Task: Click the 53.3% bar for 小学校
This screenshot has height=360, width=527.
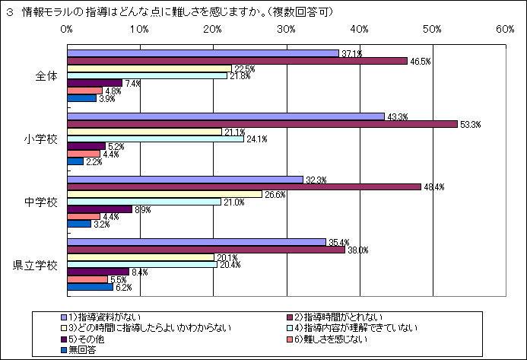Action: pos(262,124)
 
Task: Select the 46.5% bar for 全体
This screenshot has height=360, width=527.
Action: pos(237,61)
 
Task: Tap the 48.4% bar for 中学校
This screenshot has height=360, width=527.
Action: pos(244,187)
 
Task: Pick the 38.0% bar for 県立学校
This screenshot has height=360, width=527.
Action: pos(206,250)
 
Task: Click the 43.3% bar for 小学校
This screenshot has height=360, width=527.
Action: pos(226,116)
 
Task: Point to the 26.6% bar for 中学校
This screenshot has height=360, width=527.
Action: pos(164,194)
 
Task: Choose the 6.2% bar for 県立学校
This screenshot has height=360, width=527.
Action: pos(90,287)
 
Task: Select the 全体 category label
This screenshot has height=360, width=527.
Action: pos(46,76)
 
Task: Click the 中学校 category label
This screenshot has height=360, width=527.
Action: pos(41,202)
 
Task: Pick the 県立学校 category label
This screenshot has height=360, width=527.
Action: pos(36,266)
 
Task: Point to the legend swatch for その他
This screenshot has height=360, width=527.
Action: pos(64,339)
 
